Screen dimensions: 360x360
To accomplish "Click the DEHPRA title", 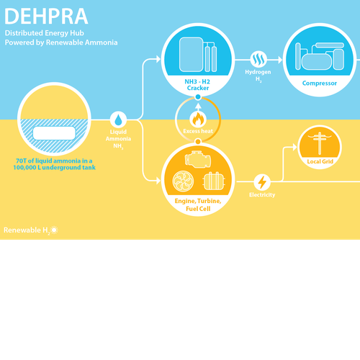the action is pos(46,17).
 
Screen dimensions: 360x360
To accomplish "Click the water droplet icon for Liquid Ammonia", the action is pos(118,120).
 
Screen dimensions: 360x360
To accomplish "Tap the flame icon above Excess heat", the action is pos(198,119).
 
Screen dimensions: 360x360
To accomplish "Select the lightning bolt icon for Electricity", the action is pos(262,182).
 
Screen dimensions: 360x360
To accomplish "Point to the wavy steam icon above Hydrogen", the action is pos(258,59).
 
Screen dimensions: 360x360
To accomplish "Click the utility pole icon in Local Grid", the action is pos(320,143).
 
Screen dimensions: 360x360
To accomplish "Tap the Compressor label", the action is pos(320,84).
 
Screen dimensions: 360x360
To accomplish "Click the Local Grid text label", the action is pos(320,161).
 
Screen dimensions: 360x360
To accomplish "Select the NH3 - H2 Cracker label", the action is pos(198,85).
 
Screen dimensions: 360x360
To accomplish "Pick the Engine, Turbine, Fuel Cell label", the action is pos(198,204).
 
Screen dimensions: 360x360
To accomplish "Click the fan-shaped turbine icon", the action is pos(183,181).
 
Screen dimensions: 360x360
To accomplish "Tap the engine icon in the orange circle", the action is pos(198,159).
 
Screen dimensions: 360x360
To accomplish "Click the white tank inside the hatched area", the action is pos(54,133).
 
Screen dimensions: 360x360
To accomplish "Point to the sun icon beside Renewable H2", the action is pos(54,230).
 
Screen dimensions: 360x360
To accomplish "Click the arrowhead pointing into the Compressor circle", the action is pos(280,60).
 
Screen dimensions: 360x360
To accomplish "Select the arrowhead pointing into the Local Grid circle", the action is pos(295,147).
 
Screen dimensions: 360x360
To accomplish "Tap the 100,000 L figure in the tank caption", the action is pos(27,168).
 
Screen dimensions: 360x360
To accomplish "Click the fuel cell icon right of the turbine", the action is pos(214,181).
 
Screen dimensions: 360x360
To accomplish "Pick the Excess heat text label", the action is pos(198,131).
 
